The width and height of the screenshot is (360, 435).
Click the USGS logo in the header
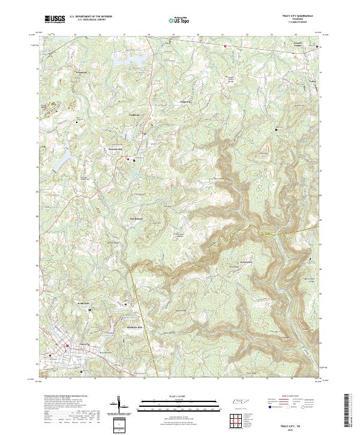coord(55,19)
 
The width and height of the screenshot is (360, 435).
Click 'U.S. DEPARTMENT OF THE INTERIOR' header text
coord(90,17)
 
